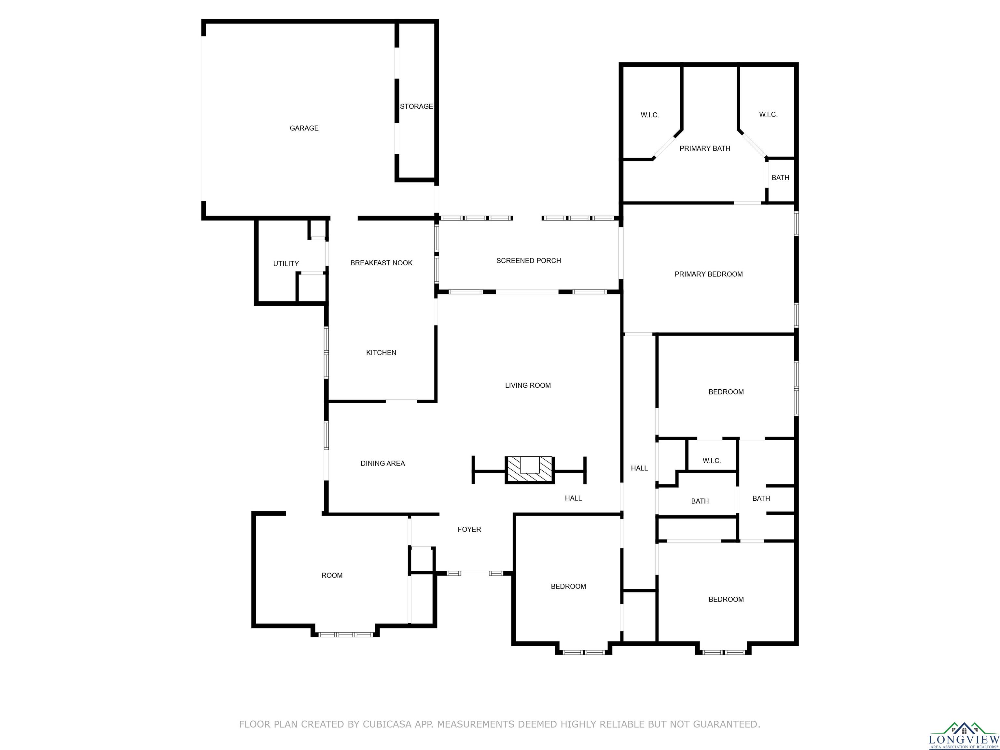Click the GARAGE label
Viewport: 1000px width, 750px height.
click(x=304, y=128)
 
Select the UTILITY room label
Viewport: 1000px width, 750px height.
click(x=286, y=264)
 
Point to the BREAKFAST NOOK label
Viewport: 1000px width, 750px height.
click(x=381, y=263)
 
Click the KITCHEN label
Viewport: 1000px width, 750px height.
click(x=381, y=353)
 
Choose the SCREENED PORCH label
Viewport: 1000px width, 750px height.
click(x=528, y=261)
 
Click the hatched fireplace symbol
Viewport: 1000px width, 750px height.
click(x=529, y=470)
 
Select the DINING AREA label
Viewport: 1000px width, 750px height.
click(x=382, y=464)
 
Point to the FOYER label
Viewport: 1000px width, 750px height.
click(x=469, y=529)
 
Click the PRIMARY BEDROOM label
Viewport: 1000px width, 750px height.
click(x=708, y=274)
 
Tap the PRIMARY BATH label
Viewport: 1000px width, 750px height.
click(x=705, y=149)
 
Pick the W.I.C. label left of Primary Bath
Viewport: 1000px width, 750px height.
click(x=650, y=115)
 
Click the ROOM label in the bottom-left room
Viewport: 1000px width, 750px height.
click(x=332, y=576)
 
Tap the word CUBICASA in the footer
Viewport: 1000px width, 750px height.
click(x=387, y=725)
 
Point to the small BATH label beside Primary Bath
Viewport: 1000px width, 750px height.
click(x=780, y=178)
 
